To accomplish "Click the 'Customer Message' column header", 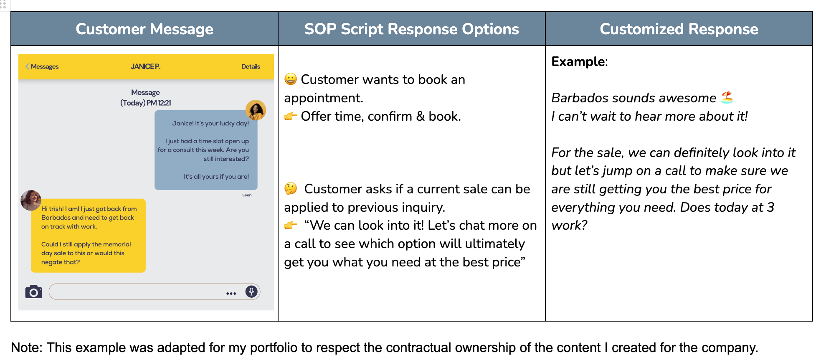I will [x=144, y=29].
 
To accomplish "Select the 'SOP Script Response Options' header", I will [x=411, y=29].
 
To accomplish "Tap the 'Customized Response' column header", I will [x=679, y=29].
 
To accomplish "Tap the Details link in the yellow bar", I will [x=251, y=66].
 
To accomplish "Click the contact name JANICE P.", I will [x=145, y=66].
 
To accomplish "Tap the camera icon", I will [x=34, y=292].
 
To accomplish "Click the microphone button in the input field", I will [x=251, y=291].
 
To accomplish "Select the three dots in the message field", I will [x=231, y=294].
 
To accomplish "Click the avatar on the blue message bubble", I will [x=256, y=110].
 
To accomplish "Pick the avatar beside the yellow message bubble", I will [x=31, y=200].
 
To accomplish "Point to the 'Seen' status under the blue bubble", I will [x=247, y=195].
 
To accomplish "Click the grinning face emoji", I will [x=291, y=79].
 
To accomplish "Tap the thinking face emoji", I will [x=291, y=188].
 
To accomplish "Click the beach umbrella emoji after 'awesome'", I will [x=727, y=97].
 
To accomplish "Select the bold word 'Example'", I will [x=578, y=61].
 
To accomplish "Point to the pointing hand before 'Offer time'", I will [x=291, y=116].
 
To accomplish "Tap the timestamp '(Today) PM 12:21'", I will [x=146, y=103].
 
